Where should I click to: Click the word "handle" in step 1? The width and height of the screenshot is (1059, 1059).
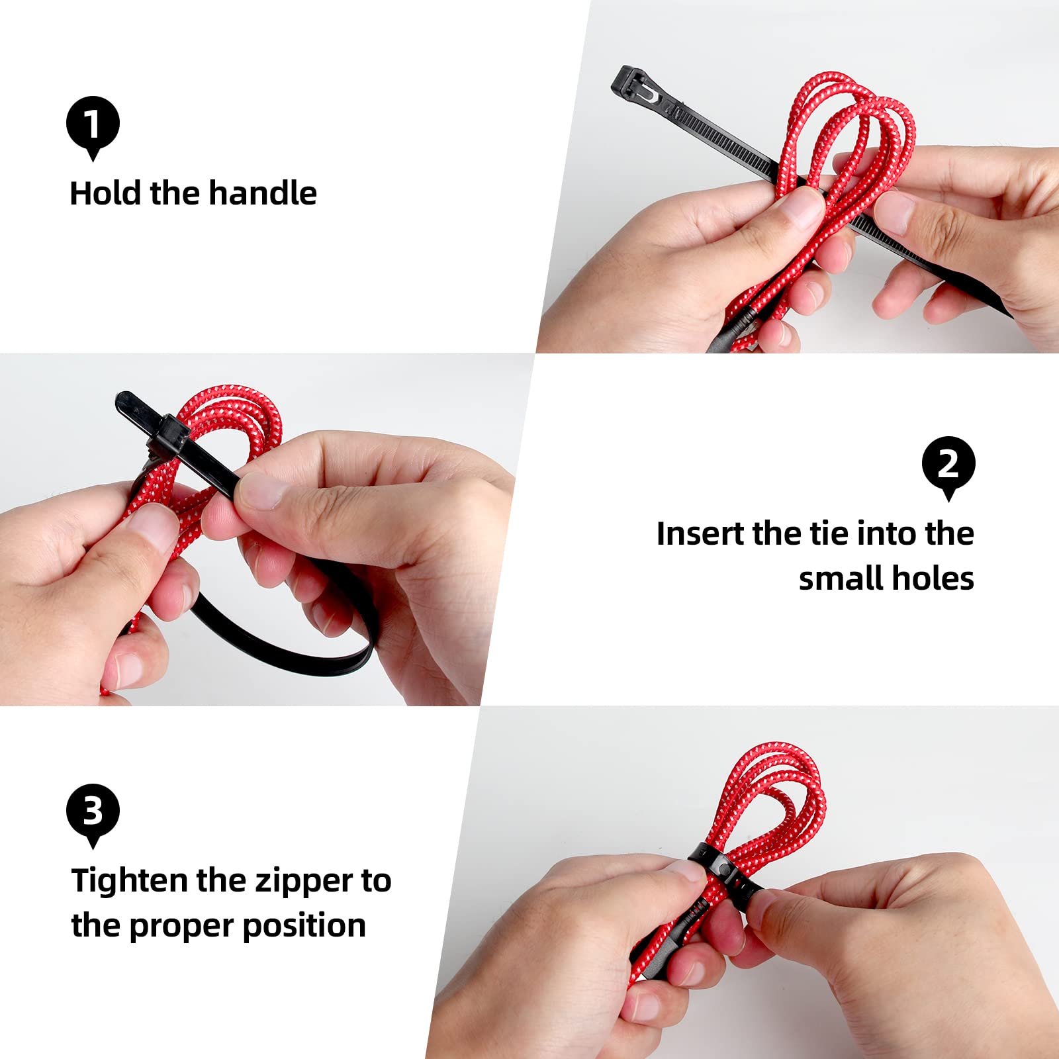pyautogui.click(x=263, y=193)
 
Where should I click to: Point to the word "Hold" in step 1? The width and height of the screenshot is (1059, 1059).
pyautogui.click(x=106, y=193)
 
